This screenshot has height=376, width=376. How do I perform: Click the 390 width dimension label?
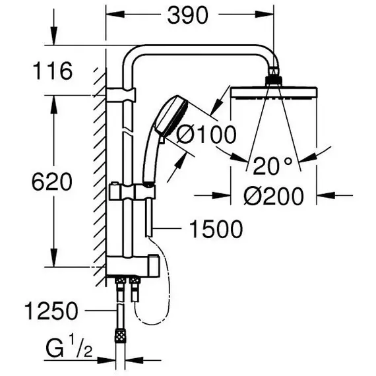coord(187,15)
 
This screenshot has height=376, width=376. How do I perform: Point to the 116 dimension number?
coord(53,71)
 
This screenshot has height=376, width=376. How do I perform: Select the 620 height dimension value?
coord(52,181)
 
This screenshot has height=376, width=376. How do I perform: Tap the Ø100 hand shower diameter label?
coord(206,135)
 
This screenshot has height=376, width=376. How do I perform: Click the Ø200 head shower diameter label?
coord(274,196)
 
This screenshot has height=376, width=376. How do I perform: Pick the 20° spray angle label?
coord(273,166)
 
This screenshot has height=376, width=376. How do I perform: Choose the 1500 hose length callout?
coord(216,229)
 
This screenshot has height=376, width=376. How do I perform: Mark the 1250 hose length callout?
coord(51,311)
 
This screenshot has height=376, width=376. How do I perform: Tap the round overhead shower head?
coord(273,93)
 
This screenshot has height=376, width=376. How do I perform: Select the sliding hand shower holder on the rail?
coord(132,191)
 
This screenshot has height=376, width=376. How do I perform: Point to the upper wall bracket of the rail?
coord(121,94)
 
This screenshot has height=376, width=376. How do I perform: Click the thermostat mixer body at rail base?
coord(133,266)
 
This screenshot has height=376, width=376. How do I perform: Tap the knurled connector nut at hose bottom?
coord(120,335)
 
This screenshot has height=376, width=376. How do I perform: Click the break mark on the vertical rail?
coord(127,131)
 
